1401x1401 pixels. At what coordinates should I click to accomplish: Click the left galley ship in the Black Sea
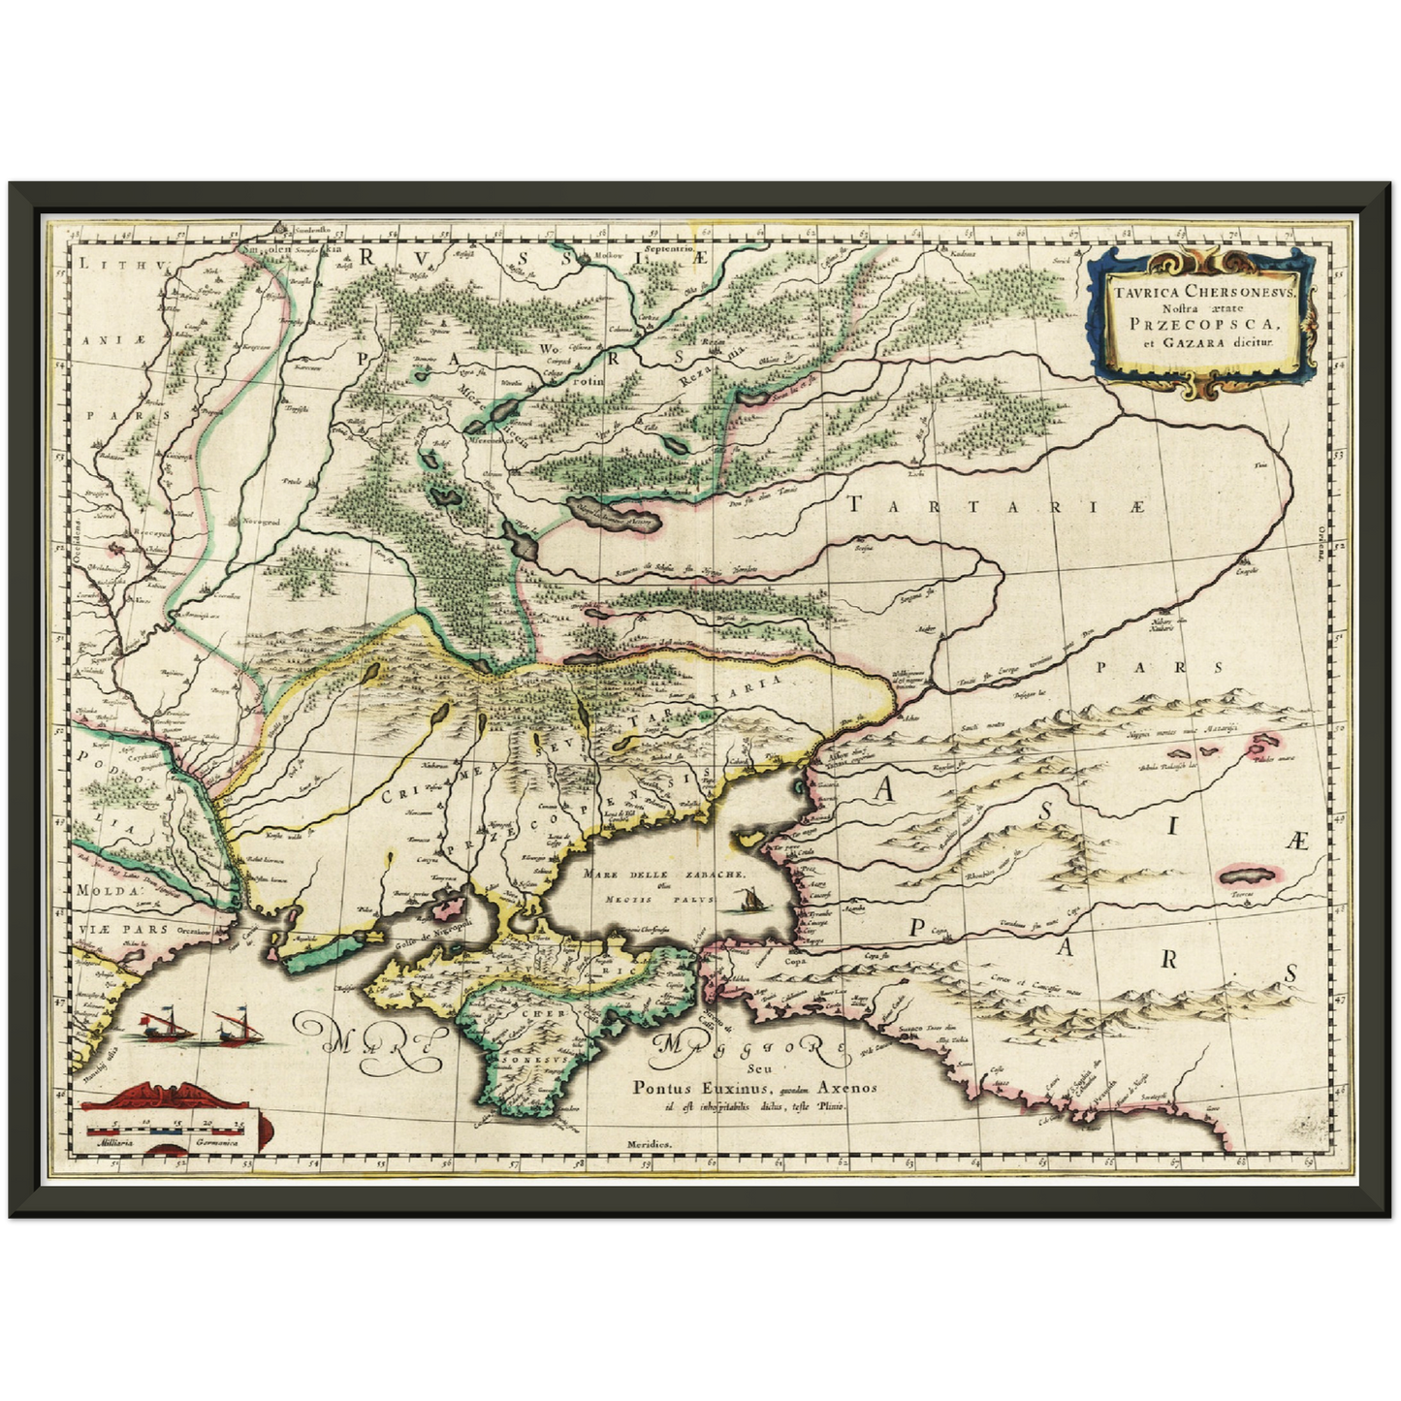click(161, 1026)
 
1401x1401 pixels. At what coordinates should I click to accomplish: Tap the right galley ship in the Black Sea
click(233, 1026)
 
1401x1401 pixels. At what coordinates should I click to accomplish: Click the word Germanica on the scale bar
click(218, 1144)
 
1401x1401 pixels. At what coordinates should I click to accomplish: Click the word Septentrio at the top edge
click(663, 249)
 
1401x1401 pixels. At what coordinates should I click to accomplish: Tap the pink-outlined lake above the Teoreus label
click(1244, 875)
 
